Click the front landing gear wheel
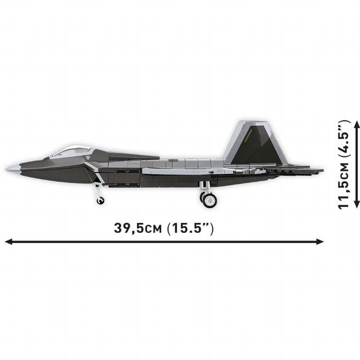100,200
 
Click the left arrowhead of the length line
7,241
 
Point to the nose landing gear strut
98,191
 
